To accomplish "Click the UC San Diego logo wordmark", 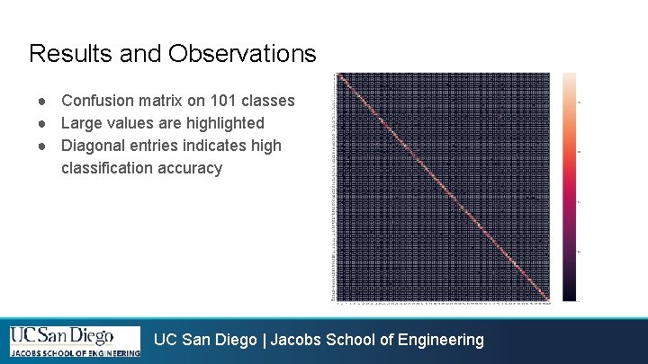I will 62,336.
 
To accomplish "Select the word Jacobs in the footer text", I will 295,340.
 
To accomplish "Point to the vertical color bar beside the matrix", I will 571,187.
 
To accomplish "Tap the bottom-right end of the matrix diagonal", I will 547,299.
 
